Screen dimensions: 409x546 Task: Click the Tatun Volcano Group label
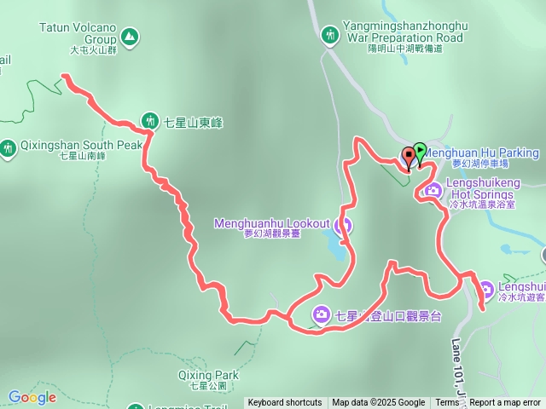point(78,33)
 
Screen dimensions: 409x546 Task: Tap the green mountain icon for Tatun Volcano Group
point(129,37)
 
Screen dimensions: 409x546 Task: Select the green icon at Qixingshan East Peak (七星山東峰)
point(150,121)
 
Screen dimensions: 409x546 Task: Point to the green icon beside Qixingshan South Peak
point(9,149)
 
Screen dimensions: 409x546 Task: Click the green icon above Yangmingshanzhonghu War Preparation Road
point(330,36)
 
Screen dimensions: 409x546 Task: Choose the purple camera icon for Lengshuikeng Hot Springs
point(433,189)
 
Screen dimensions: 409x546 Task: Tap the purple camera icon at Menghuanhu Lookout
point(343,226)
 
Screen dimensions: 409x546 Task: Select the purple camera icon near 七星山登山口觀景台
point(321,314)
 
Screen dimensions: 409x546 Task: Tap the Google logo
point(32,397)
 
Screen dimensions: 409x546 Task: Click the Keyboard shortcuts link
point(285,403)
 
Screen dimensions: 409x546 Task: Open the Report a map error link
point(504,403)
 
